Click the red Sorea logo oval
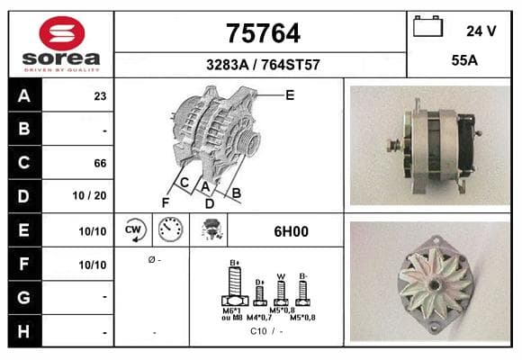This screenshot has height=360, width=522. tap(62, 33)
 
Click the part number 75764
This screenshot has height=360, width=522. tap(263, 33)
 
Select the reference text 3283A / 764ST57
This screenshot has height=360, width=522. tap(263, 65)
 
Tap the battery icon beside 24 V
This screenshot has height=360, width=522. tap(427, 26)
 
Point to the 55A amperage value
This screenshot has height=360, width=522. tap(464, 60)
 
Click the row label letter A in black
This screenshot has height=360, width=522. tap(24, 96)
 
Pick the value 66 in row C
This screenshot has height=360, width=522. tap(100, 163)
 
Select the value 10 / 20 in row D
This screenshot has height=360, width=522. tap(90, 195)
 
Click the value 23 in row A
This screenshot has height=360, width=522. tap(100, 96)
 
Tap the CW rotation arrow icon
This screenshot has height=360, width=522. tap(134, 229)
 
